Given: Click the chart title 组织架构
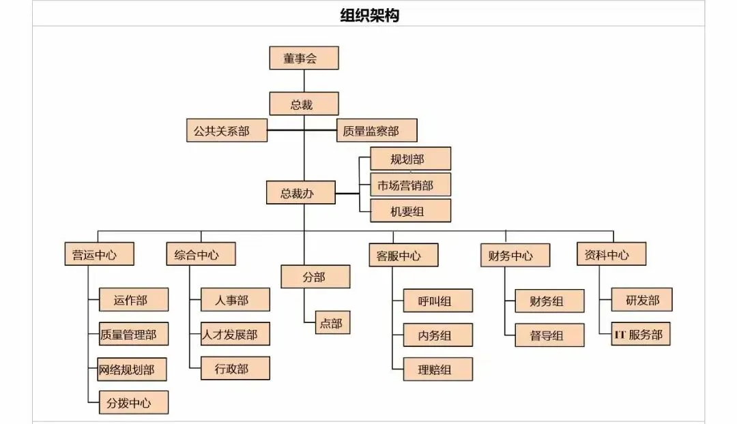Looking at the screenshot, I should [369, 15].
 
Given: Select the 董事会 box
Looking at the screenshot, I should [304, 58].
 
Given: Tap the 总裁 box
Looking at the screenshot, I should [304, 104].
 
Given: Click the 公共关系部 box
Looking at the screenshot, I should [227, 130].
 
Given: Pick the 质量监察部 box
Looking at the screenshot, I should [377, 130].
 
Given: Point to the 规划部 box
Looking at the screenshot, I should [410, 159].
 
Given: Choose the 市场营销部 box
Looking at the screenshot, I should [410, 185].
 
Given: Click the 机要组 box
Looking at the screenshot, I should [410, 211].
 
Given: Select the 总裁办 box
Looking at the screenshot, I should [300, 193].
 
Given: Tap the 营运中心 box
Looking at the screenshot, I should [99, 254].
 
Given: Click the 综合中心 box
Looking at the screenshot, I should [201, 254].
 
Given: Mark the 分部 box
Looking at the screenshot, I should [315, 277].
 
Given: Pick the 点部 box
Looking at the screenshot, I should [333, 322].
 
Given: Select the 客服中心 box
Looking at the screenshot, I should [403, 255].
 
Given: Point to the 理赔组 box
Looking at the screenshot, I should [437, 369].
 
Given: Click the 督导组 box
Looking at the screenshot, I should [549, 335].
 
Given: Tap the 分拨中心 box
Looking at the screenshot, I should [133, 402].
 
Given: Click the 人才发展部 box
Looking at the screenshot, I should [235, 334].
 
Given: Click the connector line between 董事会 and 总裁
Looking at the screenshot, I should [304, 80].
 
